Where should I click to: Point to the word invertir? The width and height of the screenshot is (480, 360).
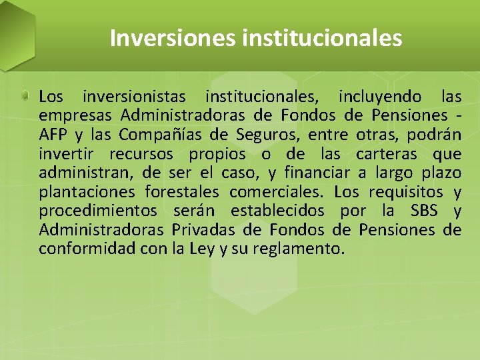coord(69,155)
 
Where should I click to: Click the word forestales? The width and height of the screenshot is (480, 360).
coord(181,193)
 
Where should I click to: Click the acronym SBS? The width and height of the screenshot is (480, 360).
coord(425,211)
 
